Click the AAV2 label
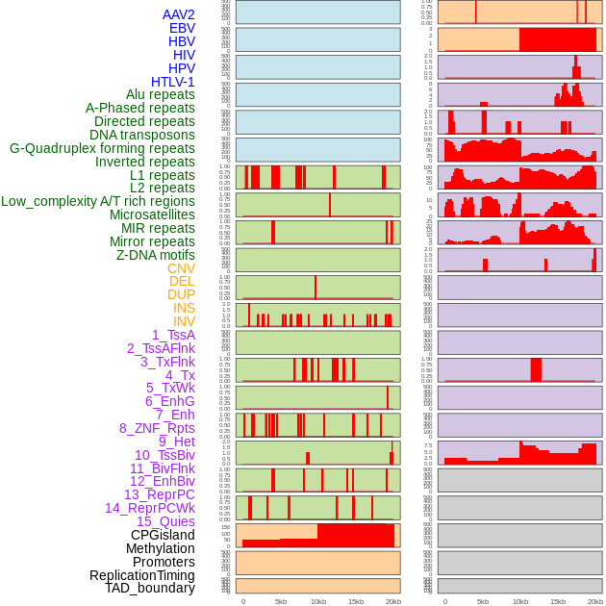pyautogui.click(x=179, y=14)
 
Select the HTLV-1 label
pyautogui.click(x=173, y=82)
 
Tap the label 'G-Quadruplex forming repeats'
pyautogui.click(x=102, y=148)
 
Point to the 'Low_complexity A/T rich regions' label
pyautogui.click(x=98, y=201)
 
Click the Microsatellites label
pyautogui.click(x=152, y=215)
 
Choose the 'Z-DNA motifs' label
pyautogui.click(x=156, y=255)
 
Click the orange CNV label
pyautogui.click(x=181, y=268)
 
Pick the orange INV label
pyautogui.click(x=184, y=321)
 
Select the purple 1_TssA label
pyautogui.click(x=173, y=335)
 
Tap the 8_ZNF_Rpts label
pyautogui.click(x=157, y=428)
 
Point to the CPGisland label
pyautogui.click(x=163, y=535)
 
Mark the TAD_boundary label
pyautogui.click(x=150, y=588)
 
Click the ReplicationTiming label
pyautogui.click(x=142, y=575)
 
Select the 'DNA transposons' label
pyautogui.click(x=142, y=135)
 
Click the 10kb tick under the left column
pyautogui.click(x=318, y=601)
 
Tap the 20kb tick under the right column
pyautogui.click(x=595, y=601)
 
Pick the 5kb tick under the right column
pyautogui.click(x=483, y=601)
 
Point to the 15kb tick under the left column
pyautogui.click(x=356, y=601)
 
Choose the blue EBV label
pyautogui.click(x=182, y=28)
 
